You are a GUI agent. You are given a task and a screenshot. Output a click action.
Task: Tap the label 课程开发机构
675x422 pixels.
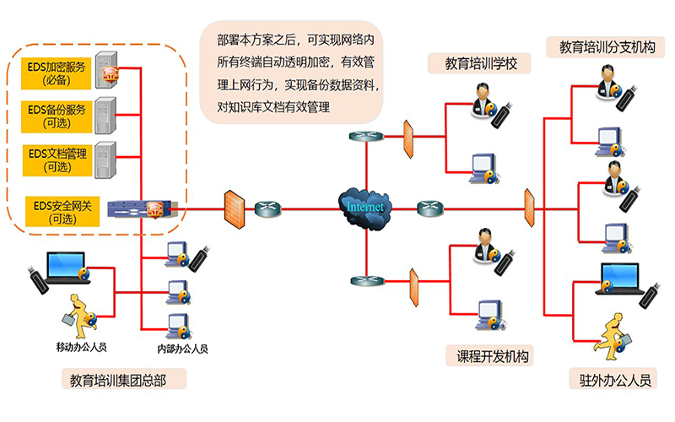click(489, 356)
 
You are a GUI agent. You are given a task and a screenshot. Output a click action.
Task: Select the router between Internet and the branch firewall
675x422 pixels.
click(429, 206)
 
